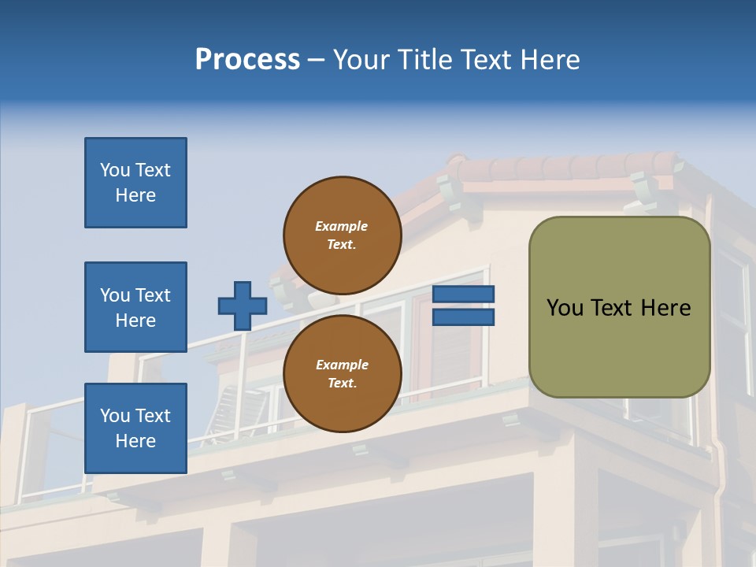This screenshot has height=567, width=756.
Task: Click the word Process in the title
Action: click(247, 60)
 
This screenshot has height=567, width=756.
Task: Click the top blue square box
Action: click(135, 183)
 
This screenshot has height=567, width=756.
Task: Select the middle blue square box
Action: click(135, 307)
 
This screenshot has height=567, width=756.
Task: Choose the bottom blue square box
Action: click(135, 428)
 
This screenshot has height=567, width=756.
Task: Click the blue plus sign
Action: click(242, 306)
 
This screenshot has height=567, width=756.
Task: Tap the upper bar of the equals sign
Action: click(463, 295)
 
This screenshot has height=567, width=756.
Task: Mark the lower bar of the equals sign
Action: click(463, 317)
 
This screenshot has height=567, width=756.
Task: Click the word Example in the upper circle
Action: click(341, 227)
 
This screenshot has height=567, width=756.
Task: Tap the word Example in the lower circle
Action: click(342, 365)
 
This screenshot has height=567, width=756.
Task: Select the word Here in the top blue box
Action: click(135, 195)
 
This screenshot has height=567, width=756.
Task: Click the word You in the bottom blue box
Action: click(114, 416)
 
